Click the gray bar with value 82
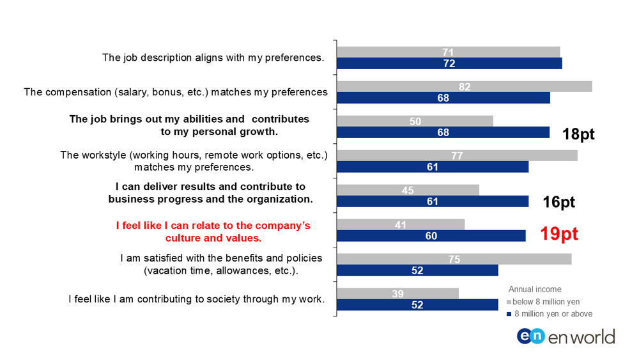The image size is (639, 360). tap(465, 86)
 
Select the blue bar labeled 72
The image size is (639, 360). tap(449, 63)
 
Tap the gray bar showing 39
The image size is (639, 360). tap(397, 293)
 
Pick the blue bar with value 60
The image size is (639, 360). tap(431, 236)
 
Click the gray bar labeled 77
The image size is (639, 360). tap(458, 155)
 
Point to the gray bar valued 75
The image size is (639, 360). tap(454, 259)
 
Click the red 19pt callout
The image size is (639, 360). tap(559, 234)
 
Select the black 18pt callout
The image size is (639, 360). tap(578, 134)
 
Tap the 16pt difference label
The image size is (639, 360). tap(558, 202)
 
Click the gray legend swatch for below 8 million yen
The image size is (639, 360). tap(509, 302)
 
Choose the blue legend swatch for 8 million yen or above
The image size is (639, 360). tap(509, 314)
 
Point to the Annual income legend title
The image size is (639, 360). tap(535, 289)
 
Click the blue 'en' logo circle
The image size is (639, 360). tap(530, 336)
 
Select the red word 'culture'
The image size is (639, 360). tap(183, 238)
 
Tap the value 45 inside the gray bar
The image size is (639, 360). tap(408, 191)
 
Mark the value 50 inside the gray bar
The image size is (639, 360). tap(415, 121)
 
